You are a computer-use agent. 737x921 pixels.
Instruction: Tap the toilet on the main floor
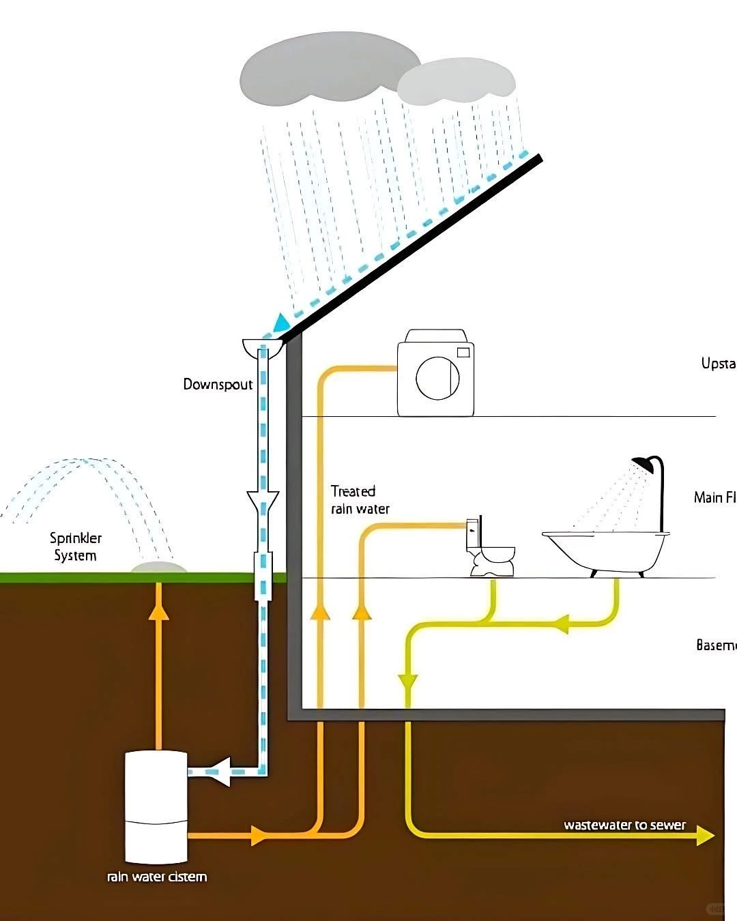[490, 547]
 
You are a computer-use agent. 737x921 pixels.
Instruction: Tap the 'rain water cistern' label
[157, 877]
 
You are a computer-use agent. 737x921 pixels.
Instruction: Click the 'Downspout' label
[218, 384]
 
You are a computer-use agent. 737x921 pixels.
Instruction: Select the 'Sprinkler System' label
[75, 546]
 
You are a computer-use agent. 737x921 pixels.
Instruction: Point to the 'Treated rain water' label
[360, 499]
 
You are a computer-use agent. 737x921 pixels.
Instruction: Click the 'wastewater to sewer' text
[624, 825]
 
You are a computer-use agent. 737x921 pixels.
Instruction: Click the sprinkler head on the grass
[158, 568]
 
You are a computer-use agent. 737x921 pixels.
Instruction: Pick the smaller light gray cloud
[456, 82]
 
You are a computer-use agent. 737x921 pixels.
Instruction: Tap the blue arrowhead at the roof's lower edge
[280, 323]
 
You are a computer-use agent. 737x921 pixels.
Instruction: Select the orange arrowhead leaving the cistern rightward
[258, 835]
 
